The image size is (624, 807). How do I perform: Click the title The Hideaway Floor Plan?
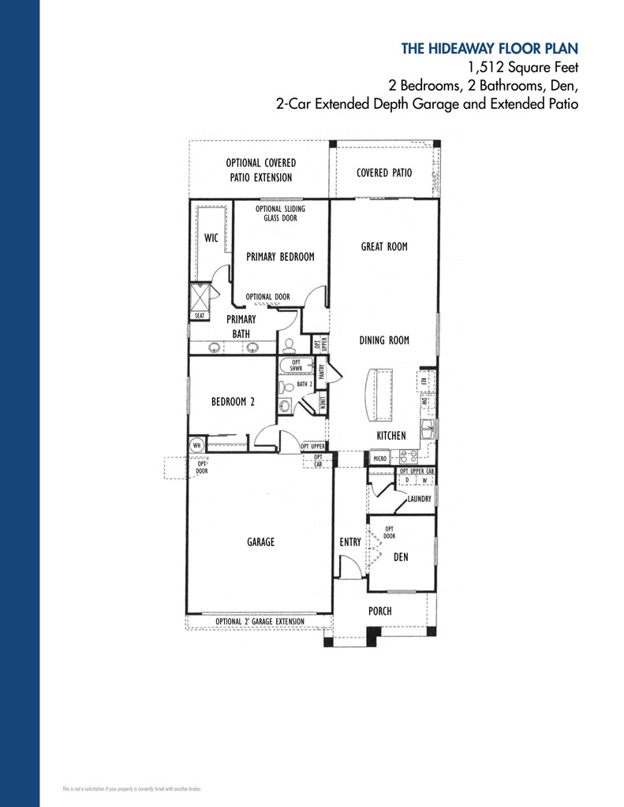pos(490,49)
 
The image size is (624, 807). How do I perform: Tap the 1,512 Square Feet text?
pos(518,68)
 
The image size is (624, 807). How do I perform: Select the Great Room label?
pos(384,247)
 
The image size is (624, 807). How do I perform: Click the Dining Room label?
pos(384,340)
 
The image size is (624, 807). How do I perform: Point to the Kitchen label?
pos(391,436)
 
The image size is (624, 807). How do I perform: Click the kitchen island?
pos(380,396)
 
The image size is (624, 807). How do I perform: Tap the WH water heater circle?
pos(196,445)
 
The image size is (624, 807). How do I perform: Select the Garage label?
pos(260,542)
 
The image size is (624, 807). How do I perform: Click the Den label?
pos(400,557)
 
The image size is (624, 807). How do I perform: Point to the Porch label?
pos(379,611)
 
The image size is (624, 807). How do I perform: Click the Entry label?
pos(350,542)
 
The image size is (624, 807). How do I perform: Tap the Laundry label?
pos(419,499)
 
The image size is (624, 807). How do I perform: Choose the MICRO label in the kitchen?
pos(380,457)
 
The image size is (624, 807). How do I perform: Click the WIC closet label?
pos(211,237)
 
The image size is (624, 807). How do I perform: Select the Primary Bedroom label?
pos(280,257)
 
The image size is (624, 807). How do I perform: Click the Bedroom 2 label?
pos(233,401)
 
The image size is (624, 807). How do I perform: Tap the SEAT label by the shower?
pos(199,315)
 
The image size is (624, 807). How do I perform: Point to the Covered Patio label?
pos(384,173)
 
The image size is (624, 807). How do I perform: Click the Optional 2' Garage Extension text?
pos(260,622)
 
